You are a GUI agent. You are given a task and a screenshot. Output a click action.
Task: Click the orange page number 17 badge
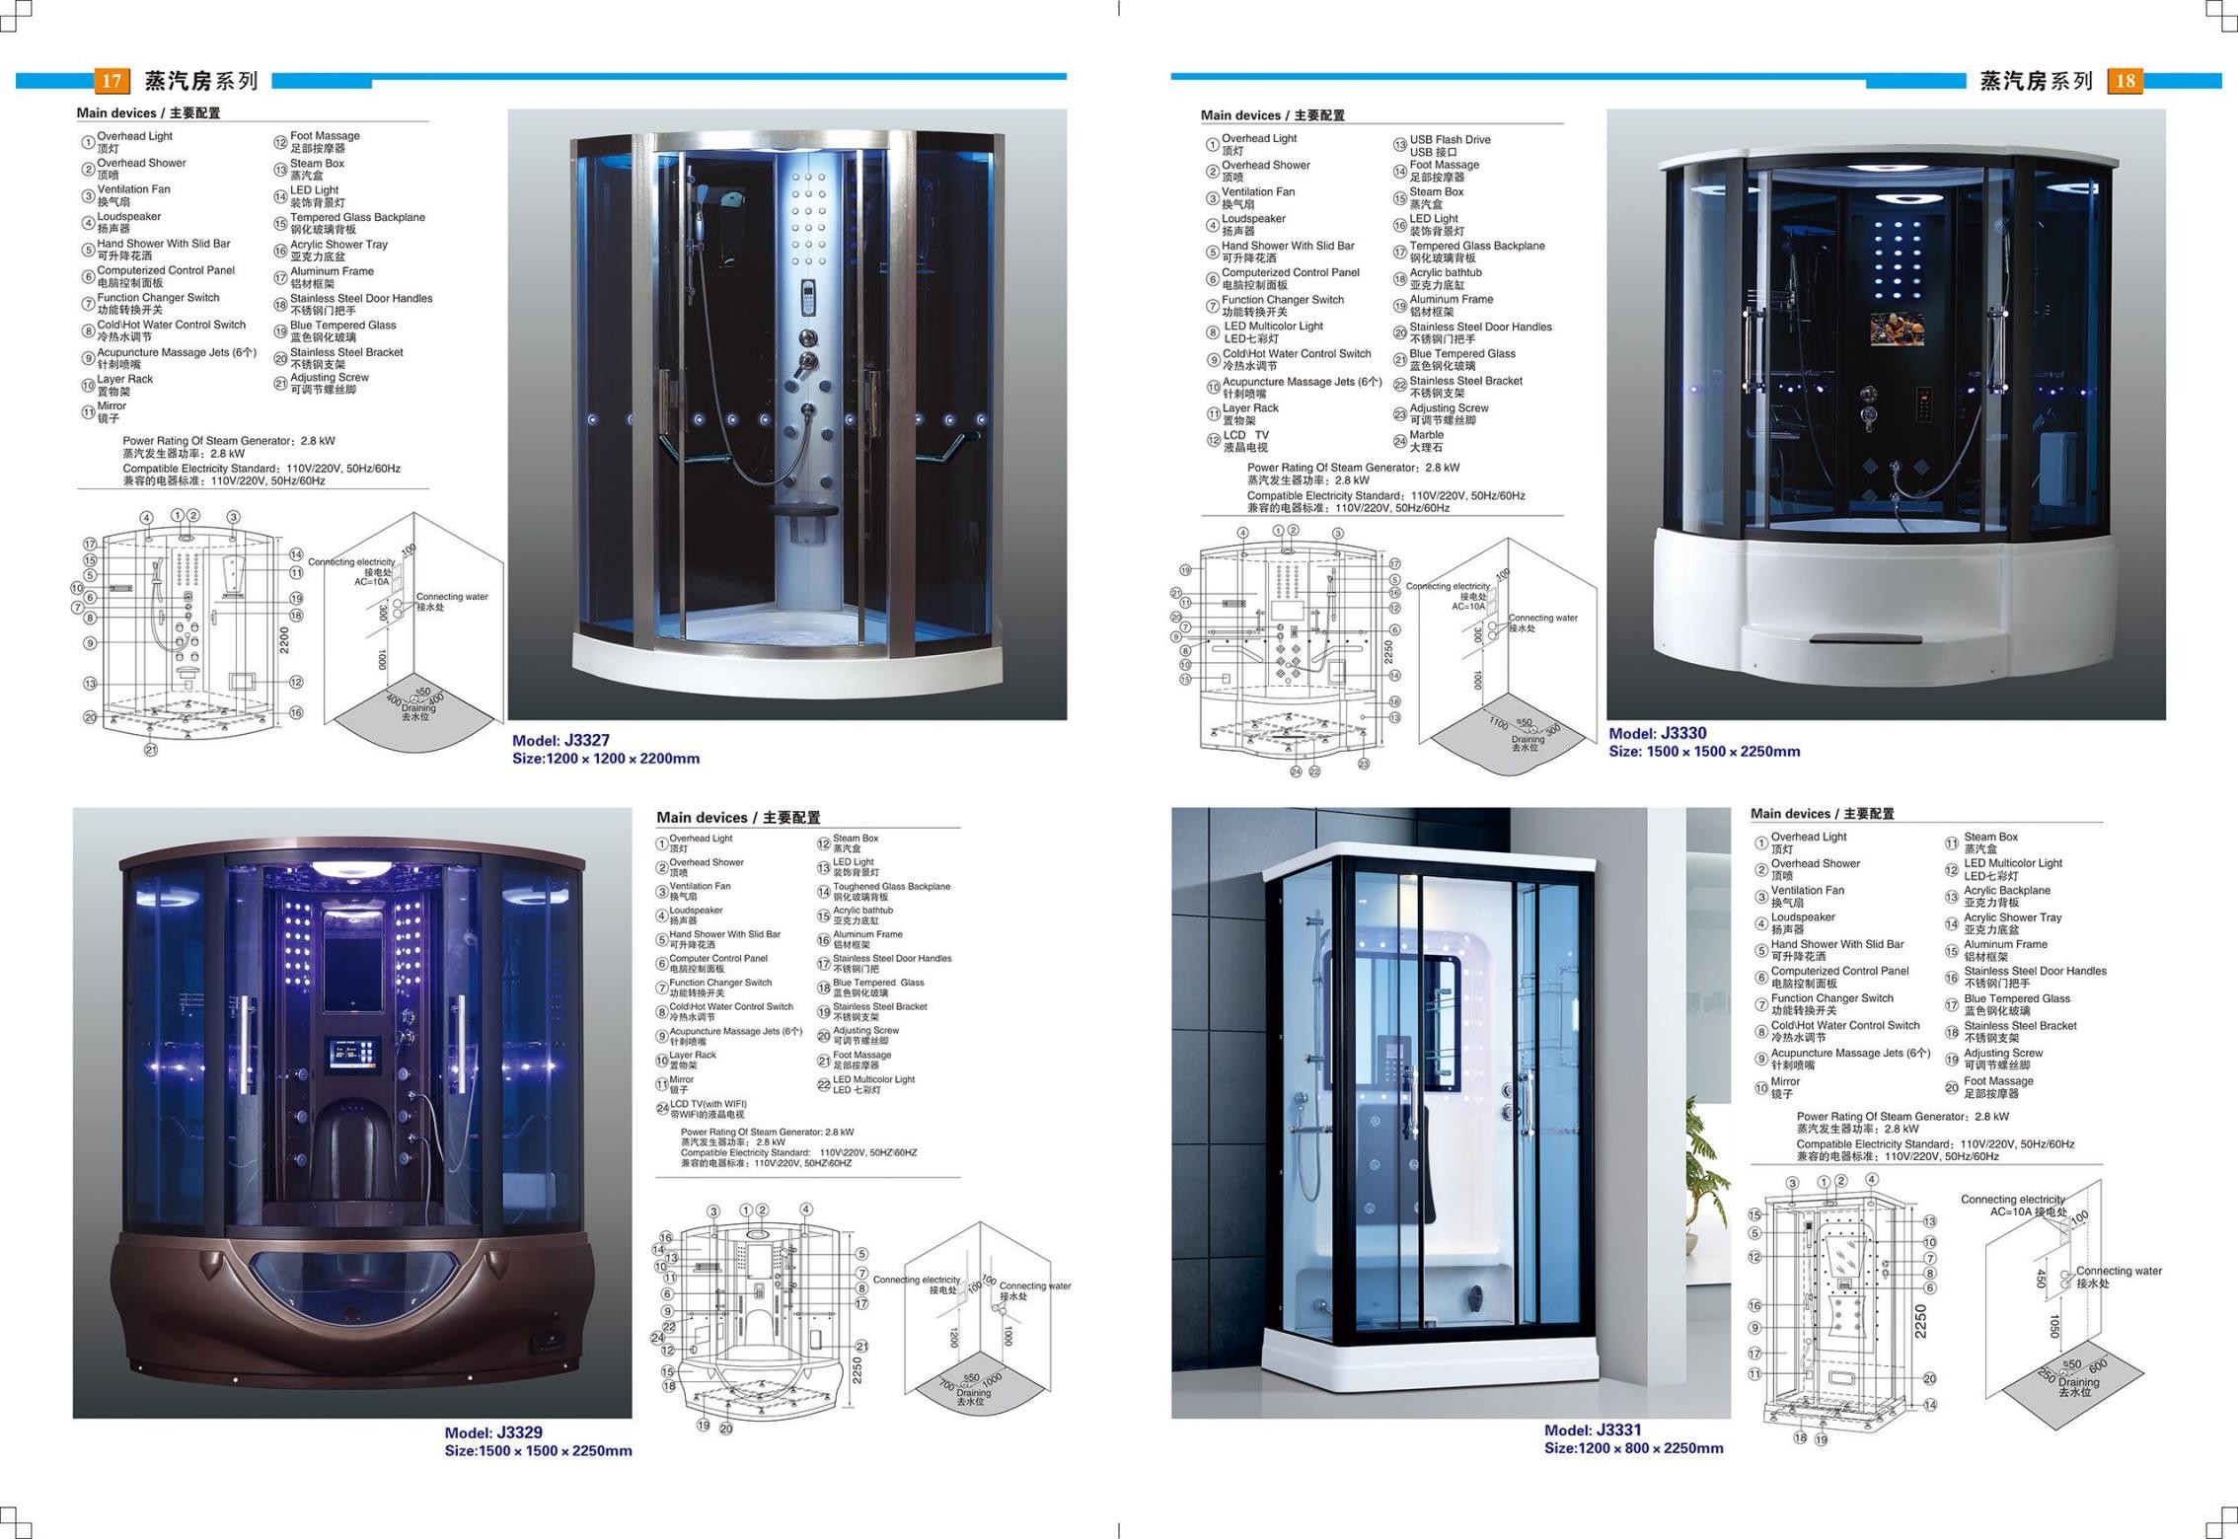112,81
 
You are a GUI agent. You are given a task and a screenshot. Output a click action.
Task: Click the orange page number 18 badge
2125,81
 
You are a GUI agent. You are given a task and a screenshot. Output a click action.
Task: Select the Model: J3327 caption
560,740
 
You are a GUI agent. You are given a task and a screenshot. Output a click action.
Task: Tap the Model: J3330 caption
1657,733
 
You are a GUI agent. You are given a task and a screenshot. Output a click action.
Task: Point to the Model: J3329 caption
493,1432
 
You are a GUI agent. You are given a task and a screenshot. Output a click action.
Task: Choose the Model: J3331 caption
1593,1430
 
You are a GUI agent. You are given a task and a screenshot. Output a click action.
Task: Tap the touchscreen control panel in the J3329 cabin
352,1055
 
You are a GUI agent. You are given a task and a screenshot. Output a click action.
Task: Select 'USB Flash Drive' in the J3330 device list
1450,140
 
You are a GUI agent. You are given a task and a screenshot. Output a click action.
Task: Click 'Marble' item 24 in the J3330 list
1426,435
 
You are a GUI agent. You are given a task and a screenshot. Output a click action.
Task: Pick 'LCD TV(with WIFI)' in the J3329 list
708,1104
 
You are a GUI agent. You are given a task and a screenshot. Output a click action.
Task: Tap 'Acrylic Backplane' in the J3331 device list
2006,890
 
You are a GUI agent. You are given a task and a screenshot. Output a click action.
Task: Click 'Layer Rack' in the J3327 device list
124,379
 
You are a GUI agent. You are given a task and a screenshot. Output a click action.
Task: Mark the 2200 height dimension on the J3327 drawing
285,639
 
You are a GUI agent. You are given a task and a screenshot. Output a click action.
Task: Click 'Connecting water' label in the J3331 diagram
2119,1271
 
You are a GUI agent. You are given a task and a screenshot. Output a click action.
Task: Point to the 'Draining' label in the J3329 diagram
973,1393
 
